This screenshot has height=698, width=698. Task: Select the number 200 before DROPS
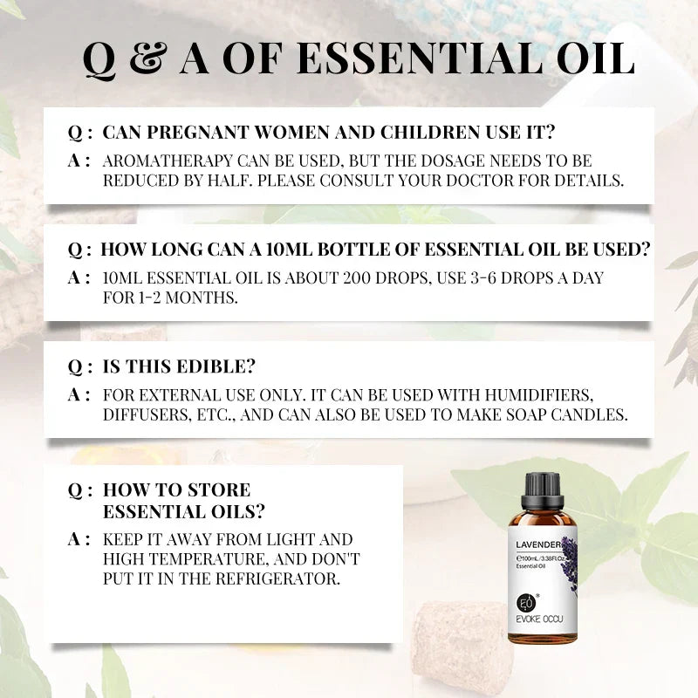(x=349, y=277)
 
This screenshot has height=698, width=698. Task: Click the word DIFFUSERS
(x=142, y=414)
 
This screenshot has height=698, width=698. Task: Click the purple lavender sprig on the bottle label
(x=569, y=558)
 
